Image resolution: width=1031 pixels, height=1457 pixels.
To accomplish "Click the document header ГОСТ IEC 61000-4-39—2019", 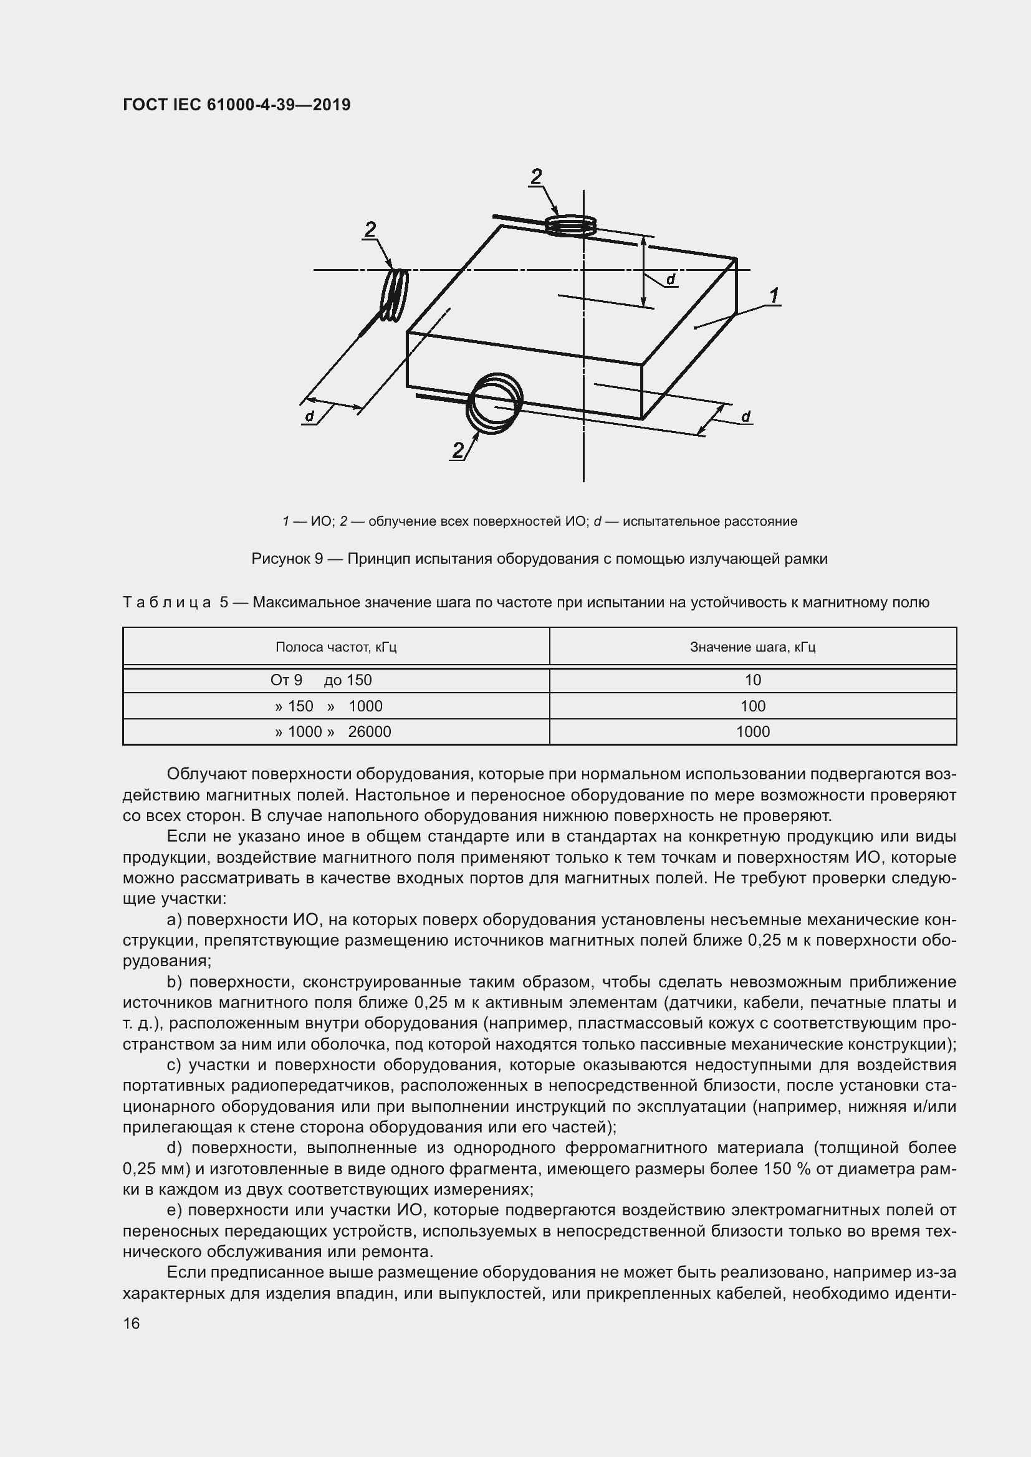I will point(236,105).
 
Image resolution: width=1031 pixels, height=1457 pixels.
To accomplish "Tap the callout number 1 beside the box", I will point(774,296).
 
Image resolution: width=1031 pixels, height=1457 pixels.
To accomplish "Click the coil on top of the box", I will point(571,224).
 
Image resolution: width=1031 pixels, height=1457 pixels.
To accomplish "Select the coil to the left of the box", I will point(394,295).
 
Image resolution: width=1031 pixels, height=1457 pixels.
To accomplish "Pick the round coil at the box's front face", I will point(494,404).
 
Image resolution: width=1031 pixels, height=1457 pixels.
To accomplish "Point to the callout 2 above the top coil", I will point(537,176).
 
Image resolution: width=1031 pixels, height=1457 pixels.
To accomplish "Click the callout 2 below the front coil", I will point(458,450).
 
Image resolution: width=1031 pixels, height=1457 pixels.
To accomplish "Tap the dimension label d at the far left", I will point(309,416).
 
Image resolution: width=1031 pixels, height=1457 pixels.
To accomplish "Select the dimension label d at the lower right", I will point(746,416).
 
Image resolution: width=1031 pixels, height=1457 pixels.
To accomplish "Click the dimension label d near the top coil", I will point(671,279).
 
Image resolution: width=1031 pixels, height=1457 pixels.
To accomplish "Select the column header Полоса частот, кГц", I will point(336,647).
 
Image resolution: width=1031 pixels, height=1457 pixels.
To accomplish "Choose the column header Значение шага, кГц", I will point(752,647).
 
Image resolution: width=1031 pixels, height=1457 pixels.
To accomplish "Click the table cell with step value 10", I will point(752,680).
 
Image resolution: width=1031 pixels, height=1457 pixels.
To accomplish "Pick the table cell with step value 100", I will point(752,706).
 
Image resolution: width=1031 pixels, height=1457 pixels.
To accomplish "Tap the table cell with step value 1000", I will point(752,732).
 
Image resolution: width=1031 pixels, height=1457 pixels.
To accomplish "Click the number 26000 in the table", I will point(370,732).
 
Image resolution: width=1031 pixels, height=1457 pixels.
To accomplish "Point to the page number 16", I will point(132,1323).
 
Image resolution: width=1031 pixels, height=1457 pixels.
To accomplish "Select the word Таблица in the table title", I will point(167,602).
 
